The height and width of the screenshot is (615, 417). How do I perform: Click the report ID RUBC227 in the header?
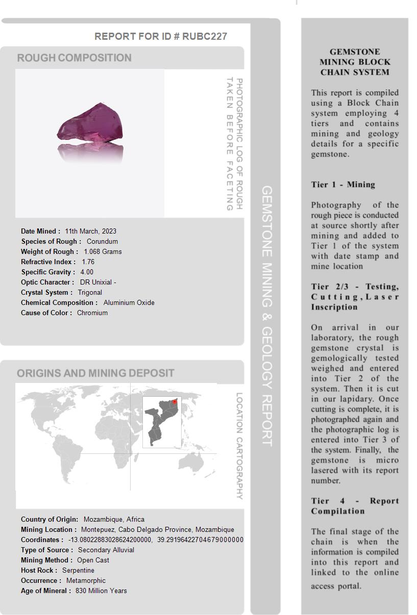(204, 36)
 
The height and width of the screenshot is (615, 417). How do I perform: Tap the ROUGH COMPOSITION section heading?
(74, 58)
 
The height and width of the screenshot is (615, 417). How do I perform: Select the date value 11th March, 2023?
(90, 231)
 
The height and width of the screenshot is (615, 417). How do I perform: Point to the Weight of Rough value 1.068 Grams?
(103, 251)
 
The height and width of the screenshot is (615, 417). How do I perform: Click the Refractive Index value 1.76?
(88, 262)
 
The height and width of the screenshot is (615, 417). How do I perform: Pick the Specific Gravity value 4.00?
(87, 272)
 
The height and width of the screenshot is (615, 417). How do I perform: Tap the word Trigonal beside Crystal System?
(90, 292)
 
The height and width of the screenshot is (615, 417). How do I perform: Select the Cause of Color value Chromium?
(92, 313)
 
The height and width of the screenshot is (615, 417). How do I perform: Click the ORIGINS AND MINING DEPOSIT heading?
(95, 373)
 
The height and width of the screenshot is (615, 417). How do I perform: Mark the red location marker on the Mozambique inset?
(175, 402)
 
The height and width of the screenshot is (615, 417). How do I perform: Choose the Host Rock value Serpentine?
(78, 570)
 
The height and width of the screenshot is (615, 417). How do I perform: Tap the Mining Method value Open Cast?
(93, 560)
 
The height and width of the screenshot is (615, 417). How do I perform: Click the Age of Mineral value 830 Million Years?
(101, 591)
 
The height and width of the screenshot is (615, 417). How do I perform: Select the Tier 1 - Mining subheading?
(343, 185)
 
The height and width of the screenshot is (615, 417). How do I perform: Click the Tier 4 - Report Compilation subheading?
(355, 506)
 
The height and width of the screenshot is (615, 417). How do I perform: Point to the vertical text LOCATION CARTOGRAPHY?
(239, 446)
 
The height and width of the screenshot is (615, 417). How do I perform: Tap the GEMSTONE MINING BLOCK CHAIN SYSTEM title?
(355, 62)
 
